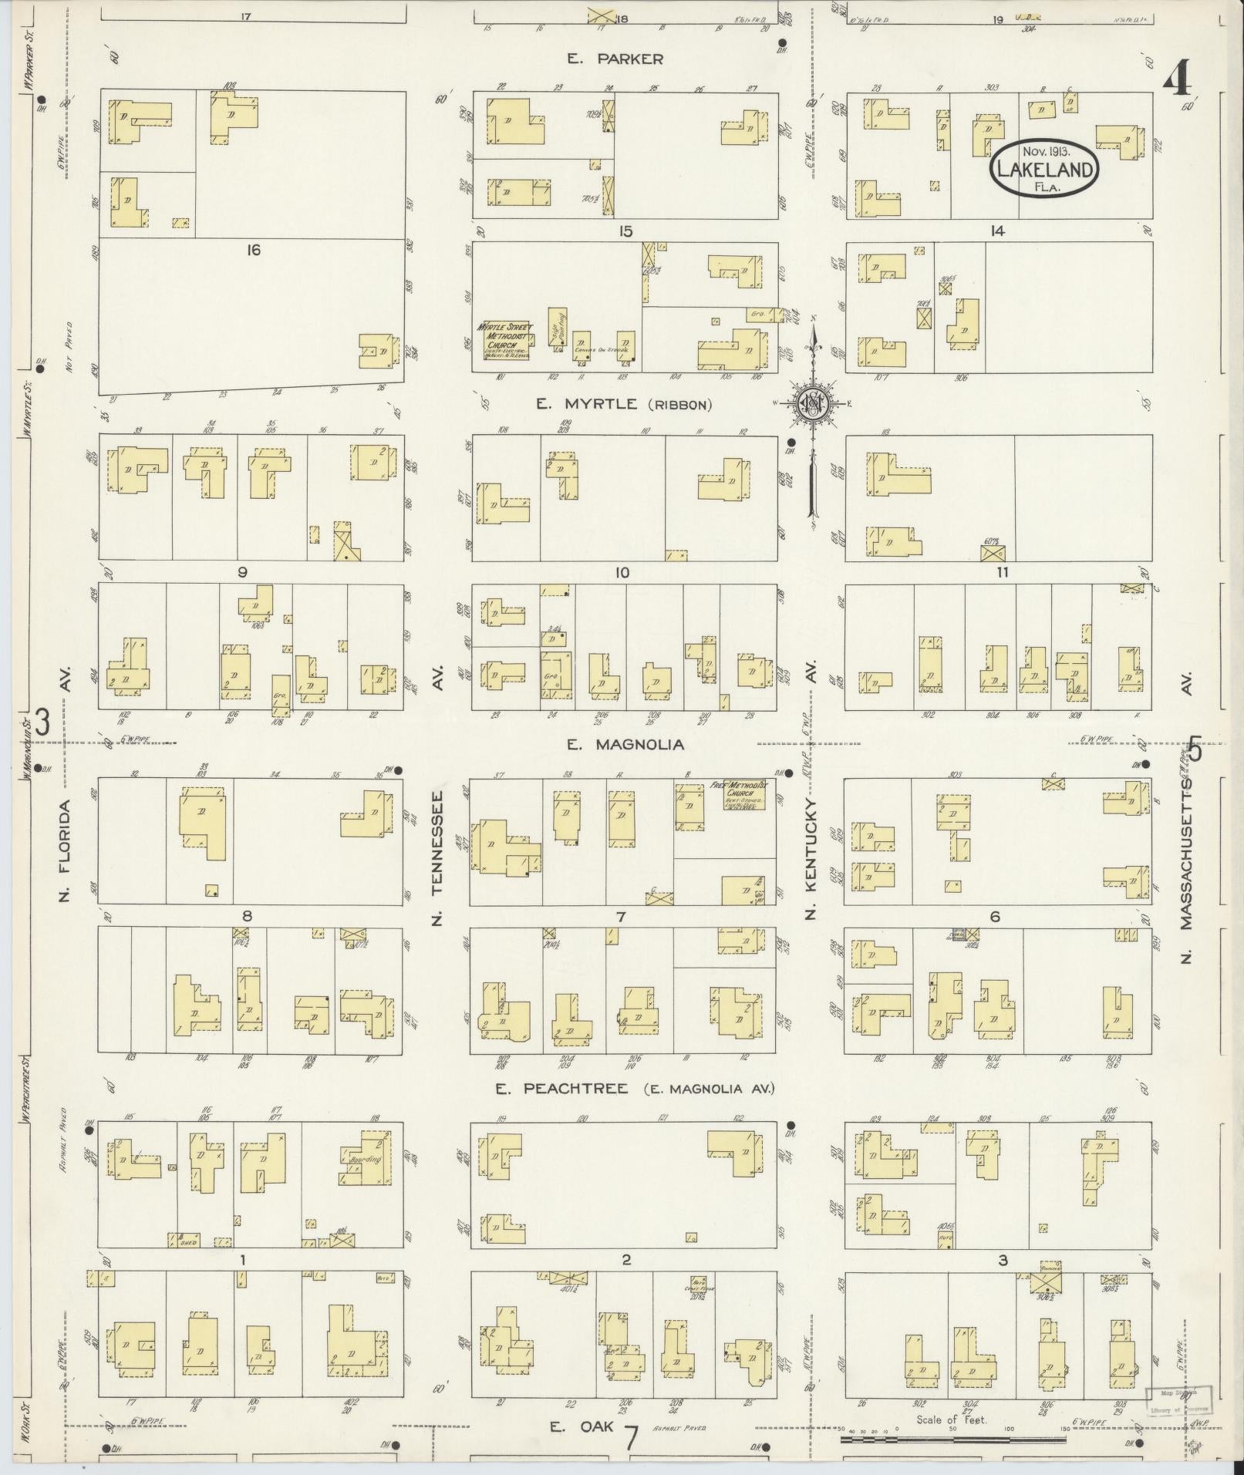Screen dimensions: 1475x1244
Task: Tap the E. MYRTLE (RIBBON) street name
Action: tap(634, 404)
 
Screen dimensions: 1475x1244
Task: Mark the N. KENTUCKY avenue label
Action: tap(810, 860)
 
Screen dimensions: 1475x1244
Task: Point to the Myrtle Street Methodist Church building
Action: tap(506, 341)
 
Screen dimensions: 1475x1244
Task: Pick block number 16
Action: tap(253, 250)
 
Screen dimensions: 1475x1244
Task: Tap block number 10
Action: tap(622, 573)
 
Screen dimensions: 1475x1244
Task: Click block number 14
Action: tap(998, 231)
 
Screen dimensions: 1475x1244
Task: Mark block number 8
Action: tap(247, 916)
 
